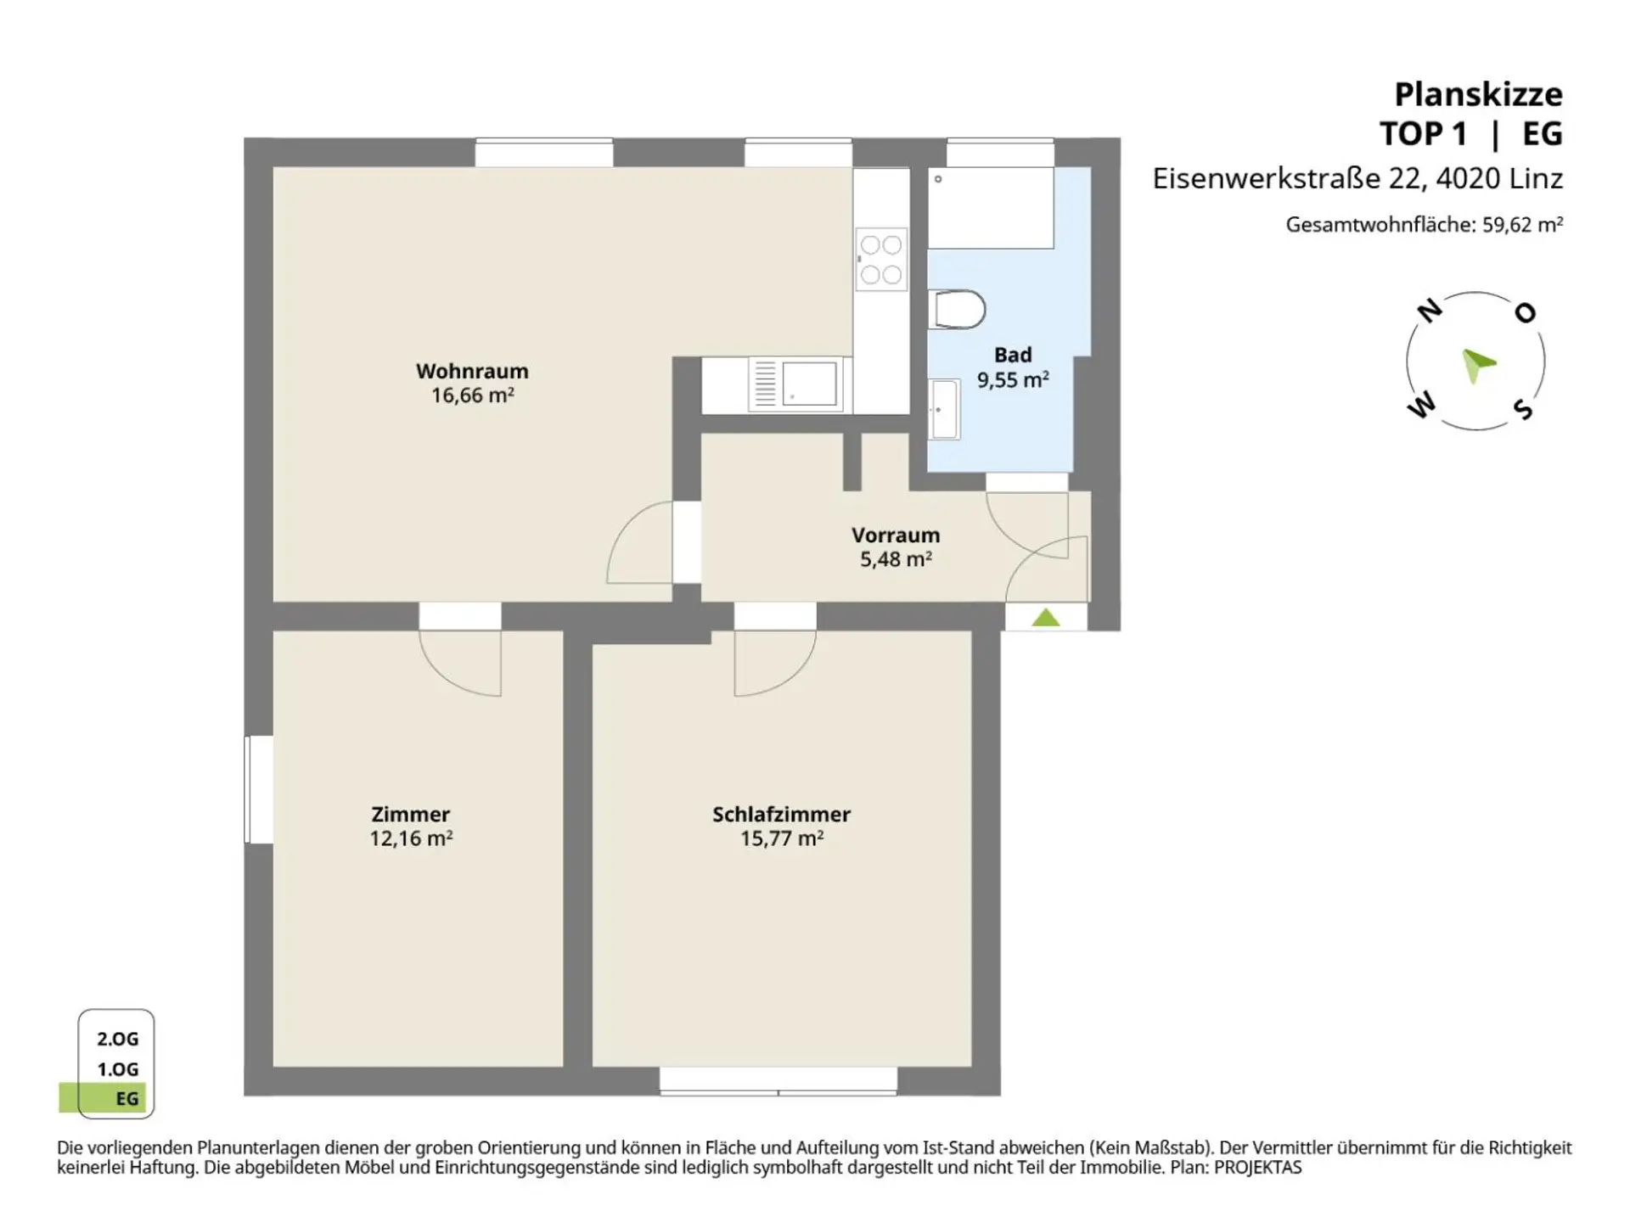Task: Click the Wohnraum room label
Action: pyautogui.click(x=472, y=371)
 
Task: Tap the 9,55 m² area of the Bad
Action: pyautogui.click(x=1013, y=379)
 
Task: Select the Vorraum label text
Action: pyautogui.click(x=896, y=535)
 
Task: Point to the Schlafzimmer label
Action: pyautogui.click(x=781, y=814)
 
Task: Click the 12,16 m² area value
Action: pyautogui.click(x=411, y=838)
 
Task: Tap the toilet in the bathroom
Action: pyautogui.click(x=958, y=309)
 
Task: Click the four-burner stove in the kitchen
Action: pyautogui.click(x=881, y=259)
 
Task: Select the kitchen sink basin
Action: pyautogui.click(x=809, y=384)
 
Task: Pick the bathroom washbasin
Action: pyautogui.click(x=944, y=409)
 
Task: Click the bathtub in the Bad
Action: pyautogui.click(x=991, y=208)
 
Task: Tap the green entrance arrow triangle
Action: pyautogui.click(x=1046, y=618)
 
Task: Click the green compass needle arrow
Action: pyautogui.click(x=1477, y=365)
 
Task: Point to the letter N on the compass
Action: pyautogui.click(x=1430, y=311)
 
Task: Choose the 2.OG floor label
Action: pyautogui.click(x=117, y=1039)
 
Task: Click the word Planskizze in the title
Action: pyautogui.click(x=1478, y=94)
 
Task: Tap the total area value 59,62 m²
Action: pyautogui.click(x=1523, y=224)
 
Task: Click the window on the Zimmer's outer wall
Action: pyautogui.click(x=259, y=789)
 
